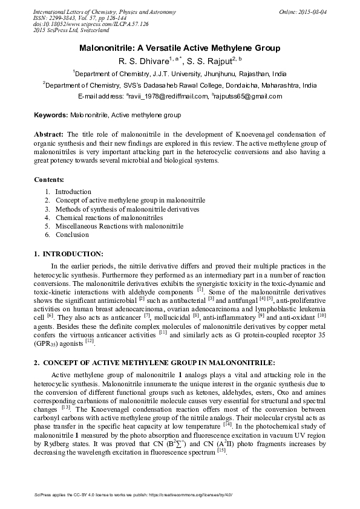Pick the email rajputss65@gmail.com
pos(249,96)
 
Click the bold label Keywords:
pos(51,114)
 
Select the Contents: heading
pos(51,180)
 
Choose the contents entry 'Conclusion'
pos(72,235)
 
